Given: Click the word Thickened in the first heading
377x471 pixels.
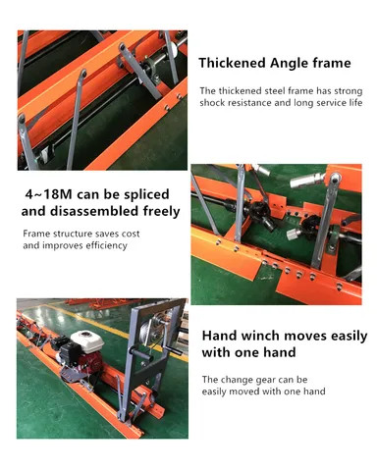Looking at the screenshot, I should click(x=235, y=64).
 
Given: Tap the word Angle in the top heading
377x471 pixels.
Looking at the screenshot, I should click(x=293, y=64).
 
